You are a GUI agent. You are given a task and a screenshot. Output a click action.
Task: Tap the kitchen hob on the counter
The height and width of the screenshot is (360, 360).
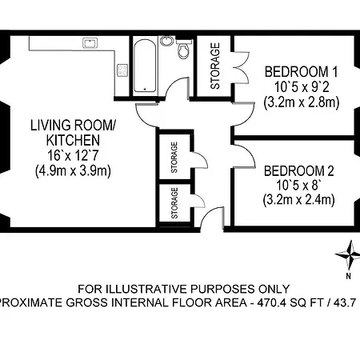click(122, 70)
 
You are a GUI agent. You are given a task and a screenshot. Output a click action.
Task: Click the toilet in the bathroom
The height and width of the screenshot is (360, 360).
click(185, 53)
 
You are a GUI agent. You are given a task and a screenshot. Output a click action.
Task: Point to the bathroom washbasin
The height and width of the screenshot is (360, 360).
click(166, 40)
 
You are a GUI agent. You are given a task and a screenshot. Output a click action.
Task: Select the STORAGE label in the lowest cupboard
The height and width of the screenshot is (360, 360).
click(174, 203)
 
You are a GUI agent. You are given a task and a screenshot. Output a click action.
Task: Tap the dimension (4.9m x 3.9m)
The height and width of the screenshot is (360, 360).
click(73, 170)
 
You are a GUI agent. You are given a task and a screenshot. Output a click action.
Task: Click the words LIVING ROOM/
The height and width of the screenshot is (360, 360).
click(73, 126)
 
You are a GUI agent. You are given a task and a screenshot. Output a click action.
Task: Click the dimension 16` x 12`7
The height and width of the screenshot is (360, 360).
click(73, 155)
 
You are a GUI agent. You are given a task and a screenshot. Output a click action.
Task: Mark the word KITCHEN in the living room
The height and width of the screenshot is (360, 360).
click(73, 141)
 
